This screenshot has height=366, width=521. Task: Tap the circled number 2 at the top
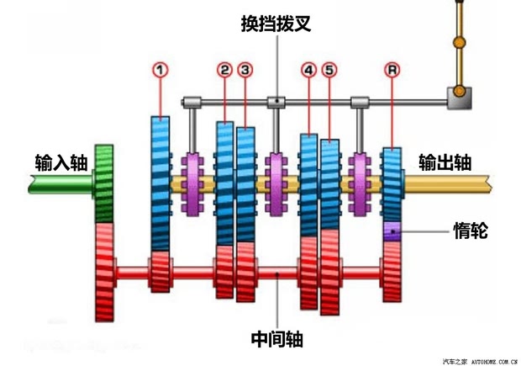224,71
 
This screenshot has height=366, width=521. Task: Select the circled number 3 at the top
245,71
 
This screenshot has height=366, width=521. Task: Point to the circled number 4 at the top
308,71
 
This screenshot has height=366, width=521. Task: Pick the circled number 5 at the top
329,71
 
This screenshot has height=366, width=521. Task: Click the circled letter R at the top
392,71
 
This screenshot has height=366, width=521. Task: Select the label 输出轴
445,162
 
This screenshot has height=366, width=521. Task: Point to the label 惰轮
470,230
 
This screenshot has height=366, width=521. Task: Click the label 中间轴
276,339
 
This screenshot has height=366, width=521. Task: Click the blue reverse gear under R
392,183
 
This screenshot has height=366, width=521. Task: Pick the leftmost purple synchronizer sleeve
194,183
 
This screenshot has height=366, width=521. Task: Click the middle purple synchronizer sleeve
276,183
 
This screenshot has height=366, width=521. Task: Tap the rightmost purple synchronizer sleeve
361,183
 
